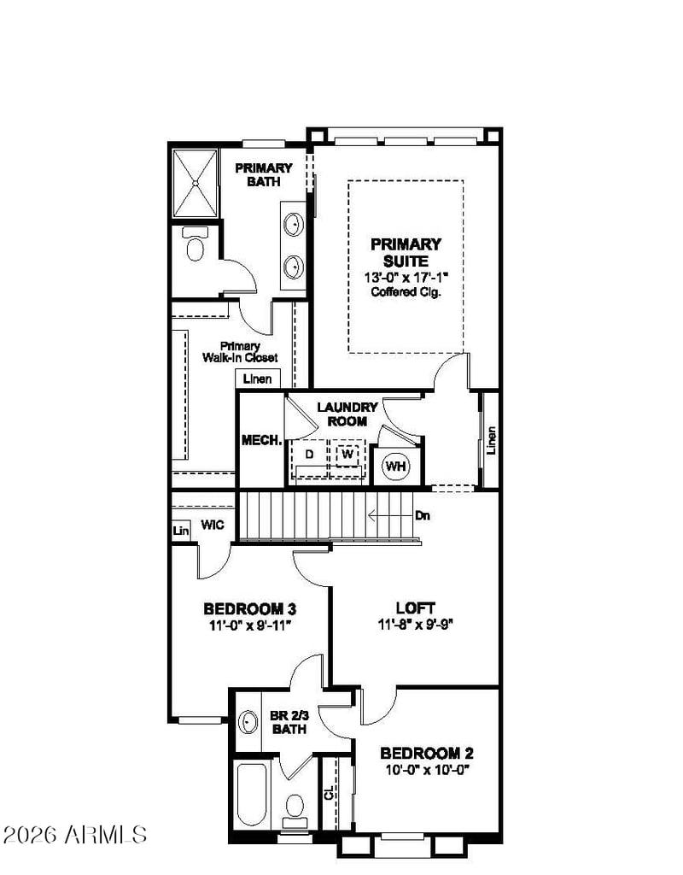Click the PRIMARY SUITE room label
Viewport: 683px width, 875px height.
coord(406,252)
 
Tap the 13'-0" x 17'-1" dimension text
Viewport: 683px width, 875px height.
coord(406,278)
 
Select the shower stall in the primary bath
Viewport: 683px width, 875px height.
coord(196,183)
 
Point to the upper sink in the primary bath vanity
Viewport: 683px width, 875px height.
coord(293,225)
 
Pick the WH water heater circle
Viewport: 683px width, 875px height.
coord(396,466)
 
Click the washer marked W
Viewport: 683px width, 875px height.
coord(347,455)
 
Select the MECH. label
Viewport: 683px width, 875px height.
coord(261,440)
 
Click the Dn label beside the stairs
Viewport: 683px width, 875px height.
coord(423,515)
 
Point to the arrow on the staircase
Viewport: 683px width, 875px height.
coord(390,515)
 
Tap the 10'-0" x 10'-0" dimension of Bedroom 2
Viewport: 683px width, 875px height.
coord(427,771)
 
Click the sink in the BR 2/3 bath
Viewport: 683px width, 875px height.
coord(248,723)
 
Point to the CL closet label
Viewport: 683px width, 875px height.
coord(329,792)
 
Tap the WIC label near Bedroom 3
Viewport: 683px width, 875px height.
coord(213,526)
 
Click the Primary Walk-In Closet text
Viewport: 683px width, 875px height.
coord(240,352)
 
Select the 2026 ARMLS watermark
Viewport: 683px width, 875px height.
coord(75,835)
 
